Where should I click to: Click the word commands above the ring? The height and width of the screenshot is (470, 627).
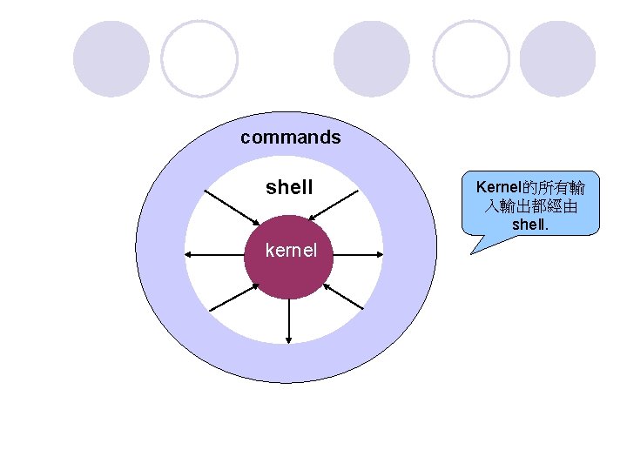[291, 138]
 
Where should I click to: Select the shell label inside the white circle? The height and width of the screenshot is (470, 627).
[289, 187]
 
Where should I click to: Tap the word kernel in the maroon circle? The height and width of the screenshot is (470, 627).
[289, 252]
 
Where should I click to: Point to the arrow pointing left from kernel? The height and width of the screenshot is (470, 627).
[214, 254]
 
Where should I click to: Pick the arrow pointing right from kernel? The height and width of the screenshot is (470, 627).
[357, 254]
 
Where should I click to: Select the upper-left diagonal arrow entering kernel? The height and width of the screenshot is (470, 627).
[235, 205]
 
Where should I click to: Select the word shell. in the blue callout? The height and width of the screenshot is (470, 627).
[531, 225]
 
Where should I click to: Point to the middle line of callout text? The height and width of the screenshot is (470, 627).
[531, 206]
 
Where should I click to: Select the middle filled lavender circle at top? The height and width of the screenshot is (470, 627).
[371, 57]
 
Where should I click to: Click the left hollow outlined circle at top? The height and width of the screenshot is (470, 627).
[199, 57]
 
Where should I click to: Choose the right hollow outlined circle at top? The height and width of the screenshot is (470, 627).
[471, 57]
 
